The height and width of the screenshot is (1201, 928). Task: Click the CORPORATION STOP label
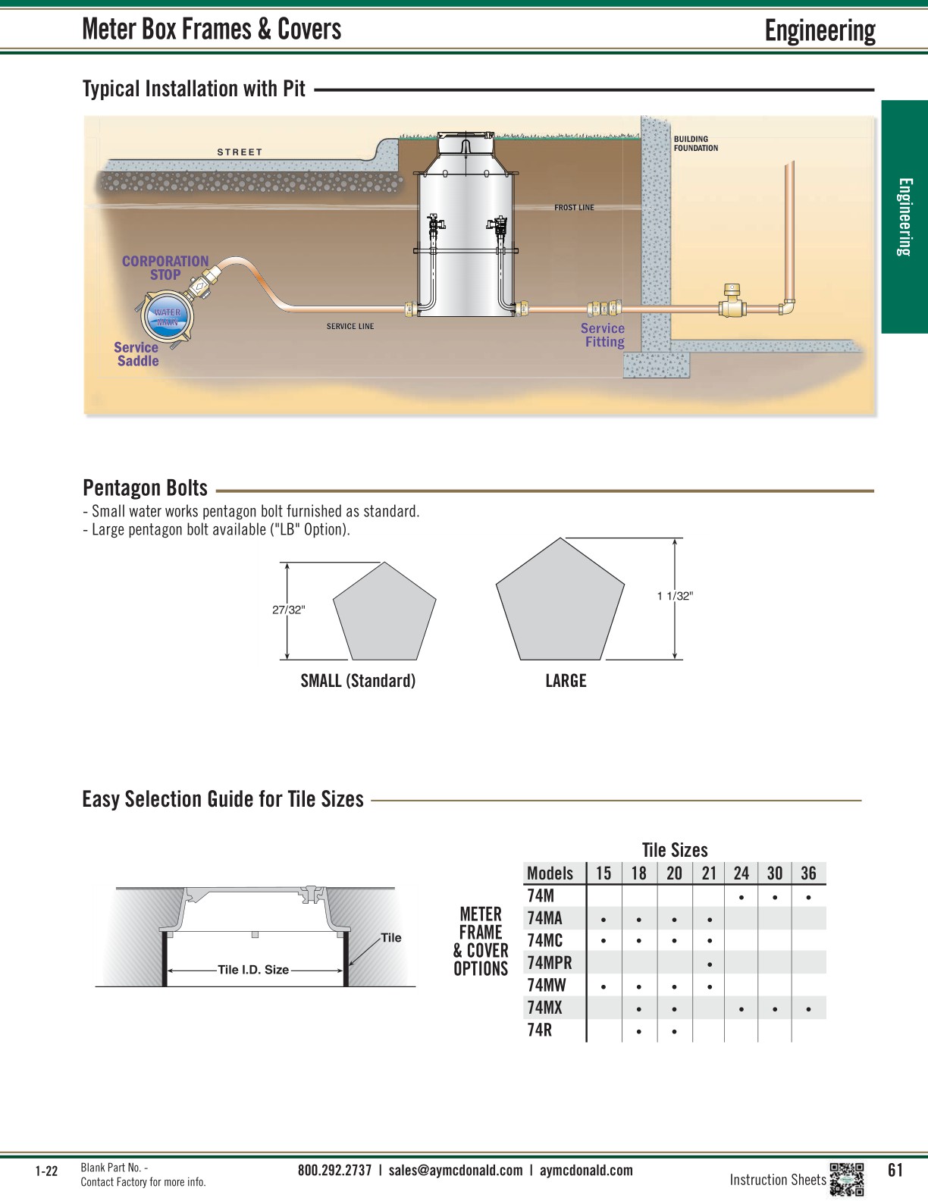[x=165, y=268]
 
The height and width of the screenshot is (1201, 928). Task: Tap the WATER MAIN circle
[x=168, y=318]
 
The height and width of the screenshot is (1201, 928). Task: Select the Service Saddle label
[x=136, y=354]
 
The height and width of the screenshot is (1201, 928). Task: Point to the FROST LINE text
[x=574, y=208]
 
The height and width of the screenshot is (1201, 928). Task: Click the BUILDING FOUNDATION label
[x=695, y=144]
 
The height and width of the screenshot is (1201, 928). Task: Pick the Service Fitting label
[x=604, y=335]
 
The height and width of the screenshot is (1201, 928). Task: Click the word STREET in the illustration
[x=240, y=152]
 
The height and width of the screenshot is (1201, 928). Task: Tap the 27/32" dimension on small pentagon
[x=288, y=610]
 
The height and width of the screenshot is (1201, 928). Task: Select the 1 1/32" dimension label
[x=675, y=596]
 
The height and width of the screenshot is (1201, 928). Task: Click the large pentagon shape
[x=560, y=603]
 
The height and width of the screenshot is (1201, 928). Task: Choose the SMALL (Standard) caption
[x=358, y=681]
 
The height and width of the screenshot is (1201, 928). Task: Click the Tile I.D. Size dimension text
[x=253, y=970]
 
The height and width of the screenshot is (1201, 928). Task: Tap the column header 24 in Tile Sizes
[x=741, y=873]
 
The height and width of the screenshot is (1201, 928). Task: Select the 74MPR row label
[x=550, y=963]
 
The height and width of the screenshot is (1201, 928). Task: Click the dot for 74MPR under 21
[x=709, y=964]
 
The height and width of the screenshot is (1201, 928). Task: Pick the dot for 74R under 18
[x=639, y=1032]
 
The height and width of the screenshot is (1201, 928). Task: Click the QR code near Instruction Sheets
[x=847, y=1179]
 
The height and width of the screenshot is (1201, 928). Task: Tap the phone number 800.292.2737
[x=334, y=1171]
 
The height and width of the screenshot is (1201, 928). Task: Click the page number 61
[x=895, y=1171]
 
